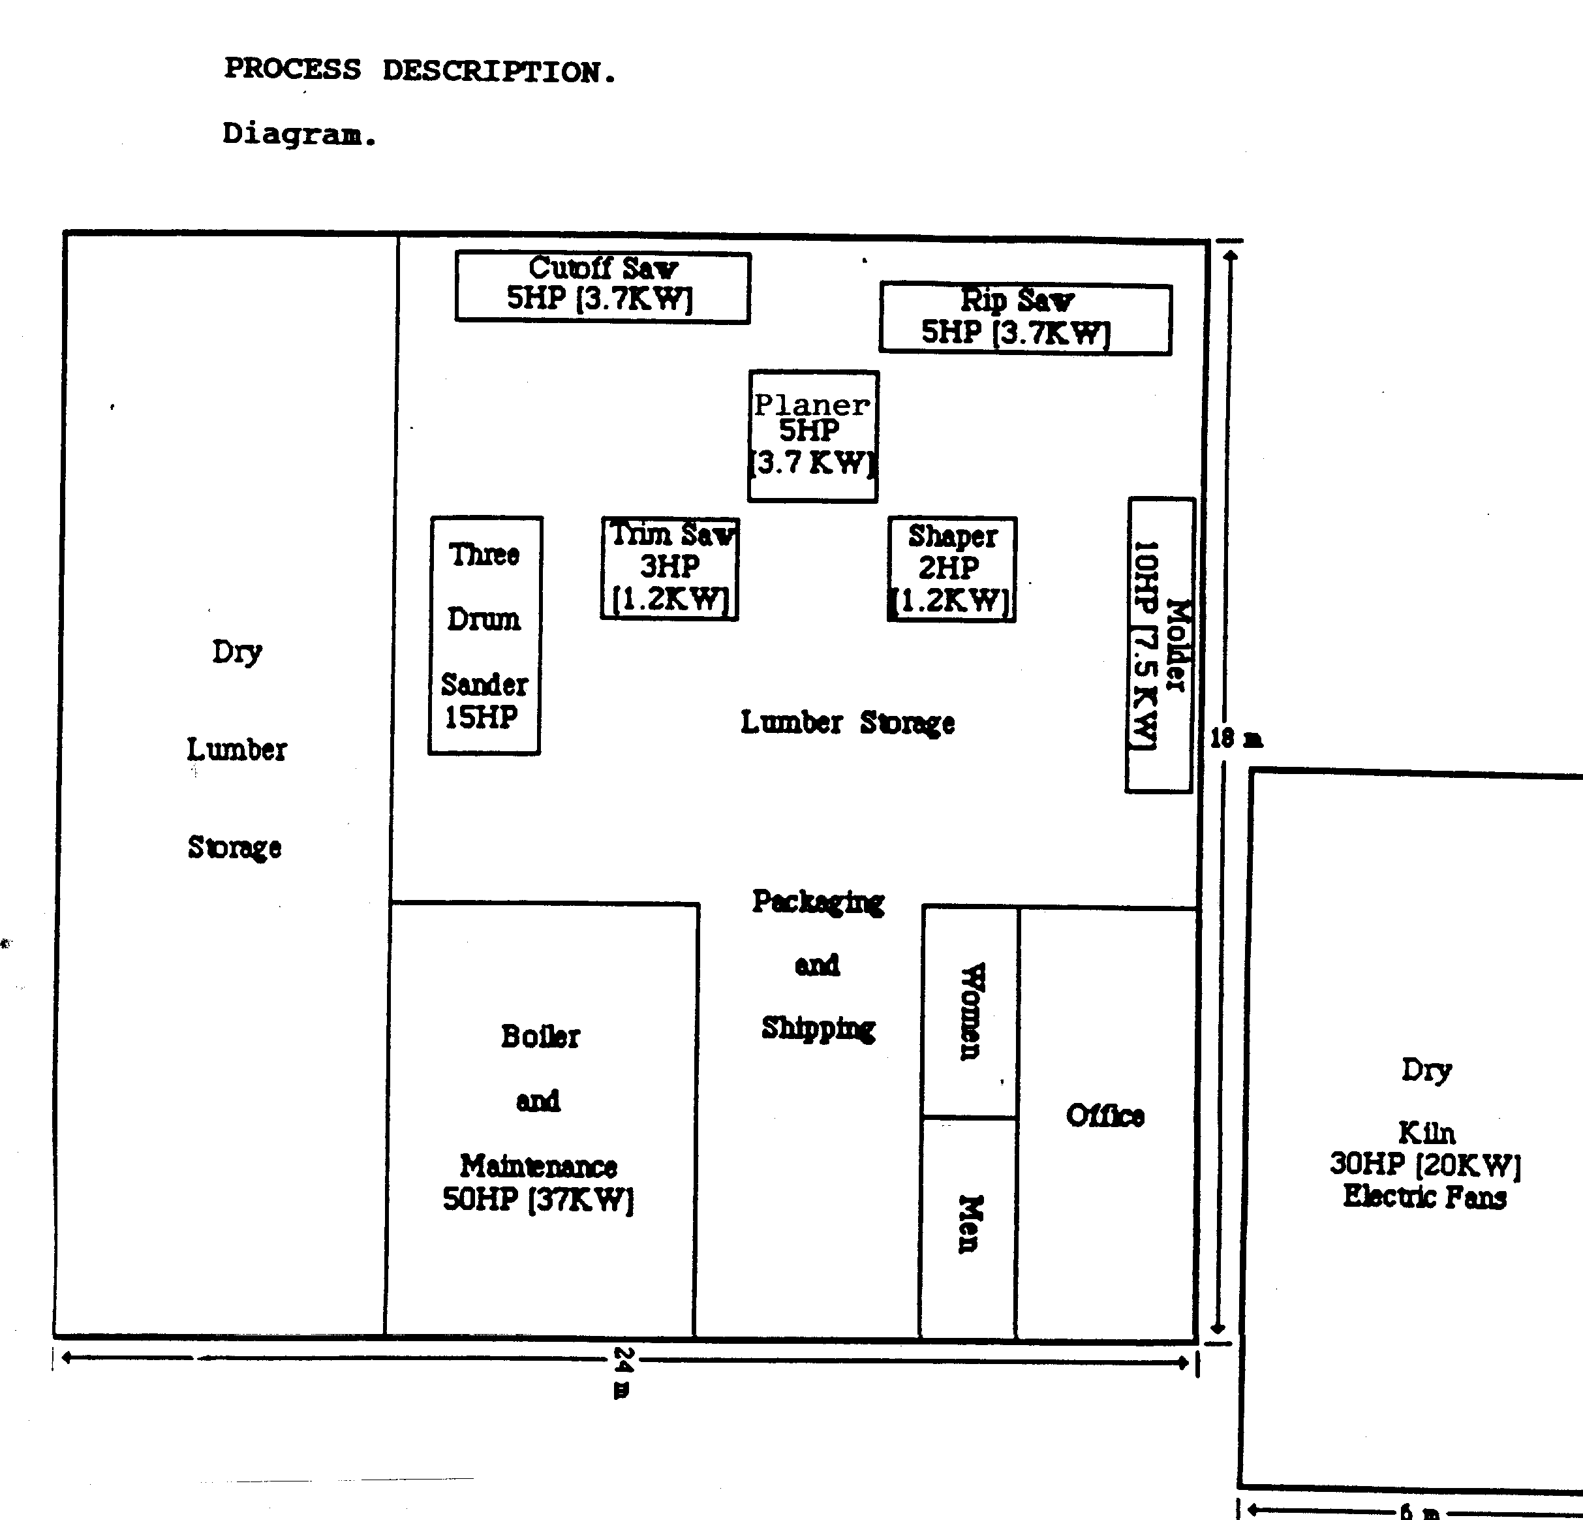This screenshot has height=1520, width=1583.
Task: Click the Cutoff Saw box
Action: (602, 288)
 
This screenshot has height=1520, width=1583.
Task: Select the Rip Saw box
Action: (1026, 318)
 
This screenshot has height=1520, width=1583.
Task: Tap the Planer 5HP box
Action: (813, 436)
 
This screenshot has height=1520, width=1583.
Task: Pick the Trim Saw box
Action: (670, 568)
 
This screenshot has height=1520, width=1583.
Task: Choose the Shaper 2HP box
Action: (952, 569)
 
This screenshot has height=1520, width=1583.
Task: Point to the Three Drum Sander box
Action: (485, 636)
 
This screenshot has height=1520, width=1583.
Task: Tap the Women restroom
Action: (970, 1012)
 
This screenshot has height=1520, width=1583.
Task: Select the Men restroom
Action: (968, 1228)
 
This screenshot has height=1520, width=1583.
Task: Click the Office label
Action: (1105, 1115)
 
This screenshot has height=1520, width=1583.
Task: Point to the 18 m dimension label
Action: (1236, 738)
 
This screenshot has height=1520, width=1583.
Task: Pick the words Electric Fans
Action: (1424, 1196)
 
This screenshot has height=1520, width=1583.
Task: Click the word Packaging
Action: (818, 901)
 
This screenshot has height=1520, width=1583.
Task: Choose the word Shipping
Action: (818, 1028)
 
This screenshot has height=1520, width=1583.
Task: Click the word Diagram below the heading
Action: (300, 134)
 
